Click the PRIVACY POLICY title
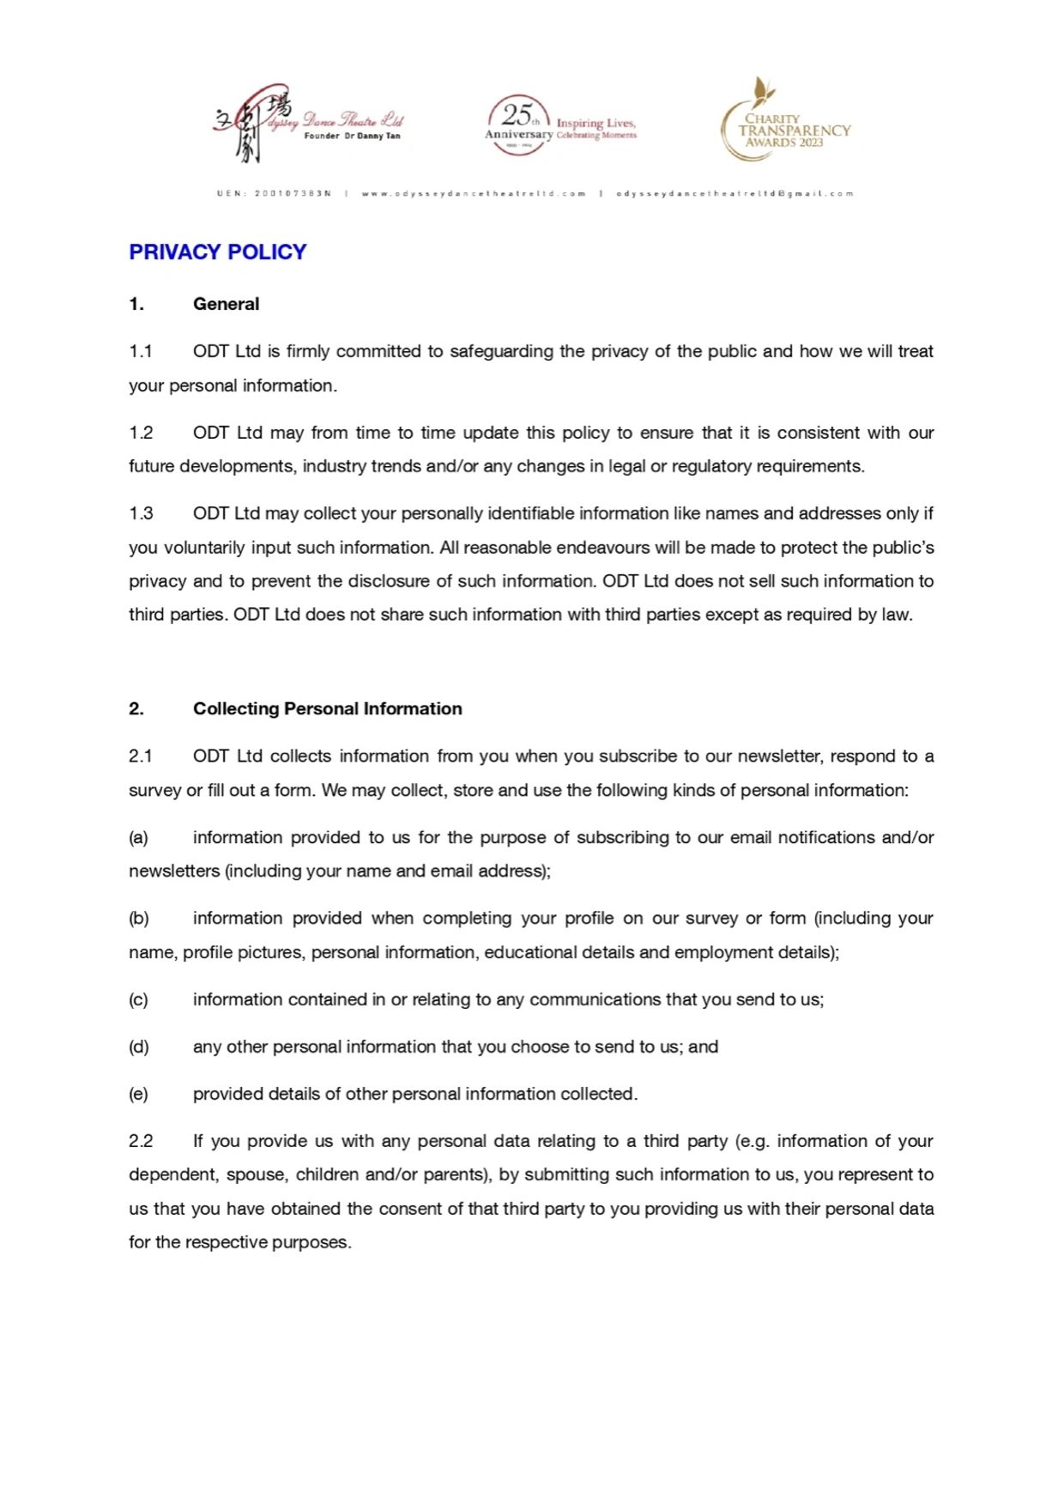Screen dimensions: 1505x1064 [217, 252]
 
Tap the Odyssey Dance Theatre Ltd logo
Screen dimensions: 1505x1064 [308, 124]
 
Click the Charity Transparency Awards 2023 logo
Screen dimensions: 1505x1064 [784, 121]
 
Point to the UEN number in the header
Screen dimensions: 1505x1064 [274, 194]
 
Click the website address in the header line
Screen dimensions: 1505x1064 [474, 194]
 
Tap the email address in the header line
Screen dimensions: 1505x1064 [735, 194]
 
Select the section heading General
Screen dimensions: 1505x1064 [226, 304]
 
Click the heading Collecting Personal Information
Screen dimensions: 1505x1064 [327, 709]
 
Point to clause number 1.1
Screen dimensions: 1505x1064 [141, 351]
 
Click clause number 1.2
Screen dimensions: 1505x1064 [141, 433]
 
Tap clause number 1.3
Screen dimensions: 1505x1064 [141, 513]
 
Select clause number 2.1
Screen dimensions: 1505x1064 [141, 756]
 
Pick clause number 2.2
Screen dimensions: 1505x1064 [141, 1141]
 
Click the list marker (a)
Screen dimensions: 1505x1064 [138, 838]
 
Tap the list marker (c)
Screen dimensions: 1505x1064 [138, 1000]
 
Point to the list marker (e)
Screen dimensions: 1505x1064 [138, 1095]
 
